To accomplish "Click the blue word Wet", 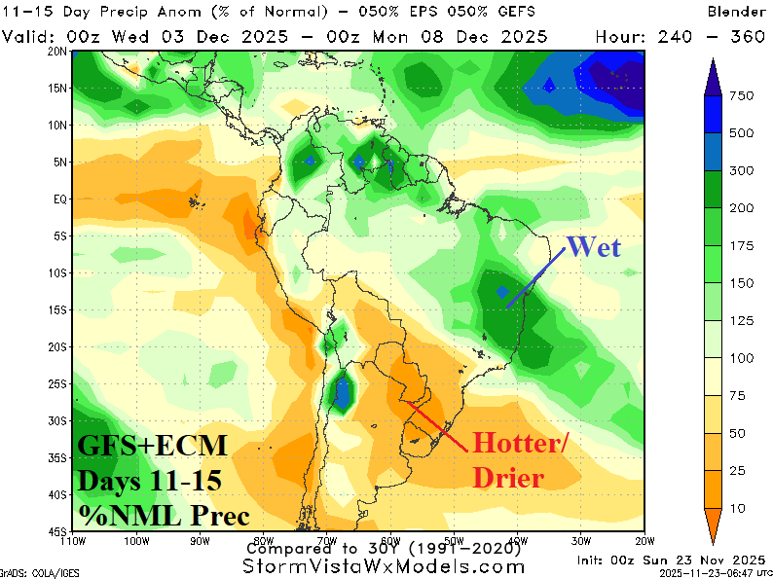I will (593, 246).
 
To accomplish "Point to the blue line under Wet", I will (534, 280).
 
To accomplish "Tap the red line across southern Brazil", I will (433, 424).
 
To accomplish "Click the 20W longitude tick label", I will (644, 542).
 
